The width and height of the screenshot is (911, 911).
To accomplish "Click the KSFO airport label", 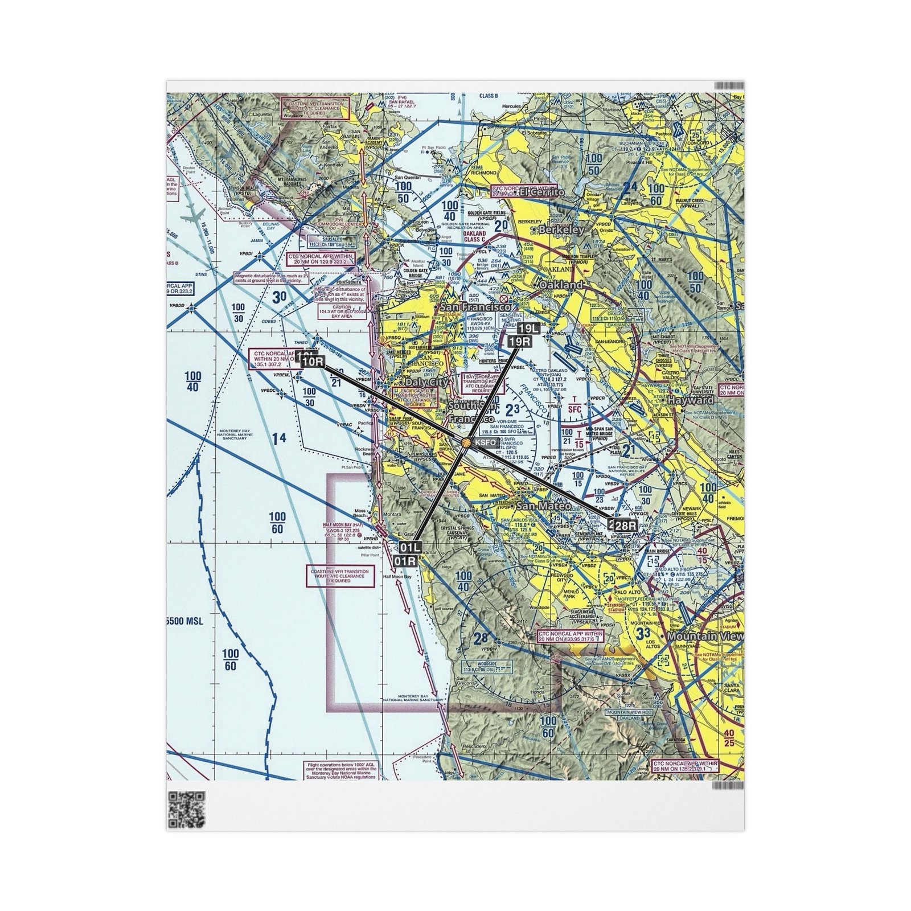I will click(x=485, y=442).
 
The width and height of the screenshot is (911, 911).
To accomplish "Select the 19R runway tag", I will click(x=520, y=341).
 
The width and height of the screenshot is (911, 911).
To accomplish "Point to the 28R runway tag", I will click(x=625, y=526).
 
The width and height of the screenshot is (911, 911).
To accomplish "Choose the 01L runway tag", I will click(x=410, y=548).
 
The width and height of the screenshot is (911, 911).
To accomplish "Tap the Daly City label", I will click(x=426, y=382).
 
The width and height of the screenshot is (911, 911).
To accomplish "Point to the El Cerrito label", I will click(x=544, y=192).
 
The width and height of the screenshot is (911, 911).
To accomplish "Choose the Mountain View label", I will click(x=705, y=637).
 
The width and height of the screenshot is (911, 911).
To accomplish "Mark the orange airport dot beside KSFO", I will click(x=466, y=442).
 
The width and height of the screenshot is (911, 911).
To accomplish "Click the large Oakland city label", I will click(x=561, y=284).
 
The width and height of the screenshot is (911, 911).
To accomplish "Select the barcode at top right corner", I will click(x=729, y=85).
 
